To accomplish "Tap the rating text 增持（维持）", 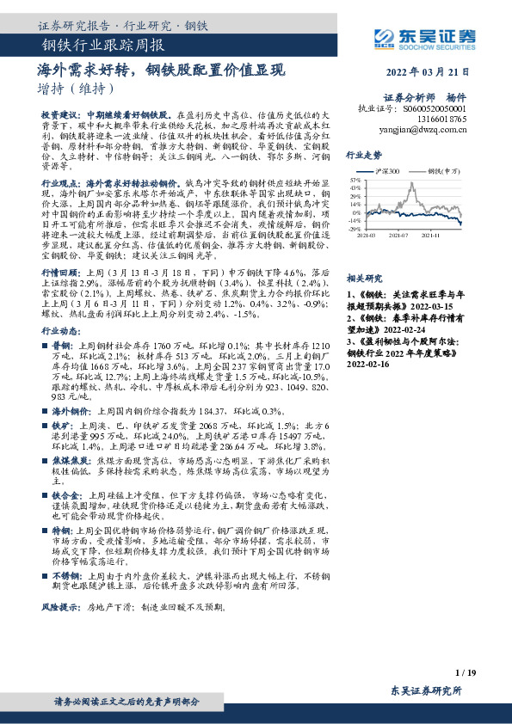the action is click(76, 88).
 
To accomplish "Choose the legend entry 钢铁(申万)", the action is click(445, 171).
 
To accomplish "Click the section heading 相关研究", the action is click(363, 279).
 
